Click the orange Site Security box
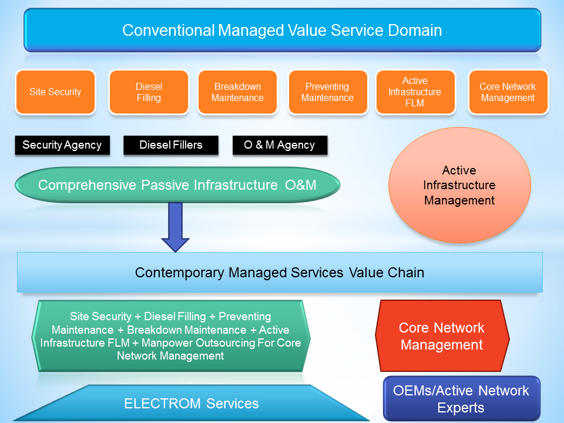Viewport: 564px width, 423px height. pos(55,92)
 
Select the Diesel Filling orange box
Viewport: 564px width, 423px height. pos(149,92)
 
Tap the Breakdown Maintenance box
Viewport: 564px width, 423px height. pos(237,92)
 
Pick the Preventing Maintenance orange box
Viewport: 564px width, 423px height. pos(327,92)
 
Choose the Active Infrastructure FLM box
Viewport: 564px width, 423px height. pos(415,92)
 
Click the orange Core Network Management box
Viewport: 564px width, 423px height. pos(508,92)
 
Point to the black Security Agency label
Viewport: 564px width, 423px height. pos(62,145)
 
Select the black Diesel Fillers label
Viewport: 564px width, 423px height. pos(170,145)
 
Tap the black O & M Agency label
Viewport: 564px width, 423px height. pos(280,145)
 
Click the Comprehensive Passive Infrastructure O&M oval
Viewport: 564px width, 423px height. pos(177,186)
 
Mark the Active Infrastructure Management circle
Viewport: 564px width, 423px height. pos(459,186)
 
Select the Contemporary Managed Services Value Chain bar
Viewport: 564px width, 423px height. pos(280,273)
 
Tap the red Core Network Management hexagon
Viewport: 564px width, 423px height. pos(442,336)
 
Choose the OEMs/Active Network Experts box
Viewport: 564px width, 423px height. pos(461,399)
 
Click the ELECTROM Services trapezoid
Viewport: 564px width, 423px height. pos(192,404)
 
